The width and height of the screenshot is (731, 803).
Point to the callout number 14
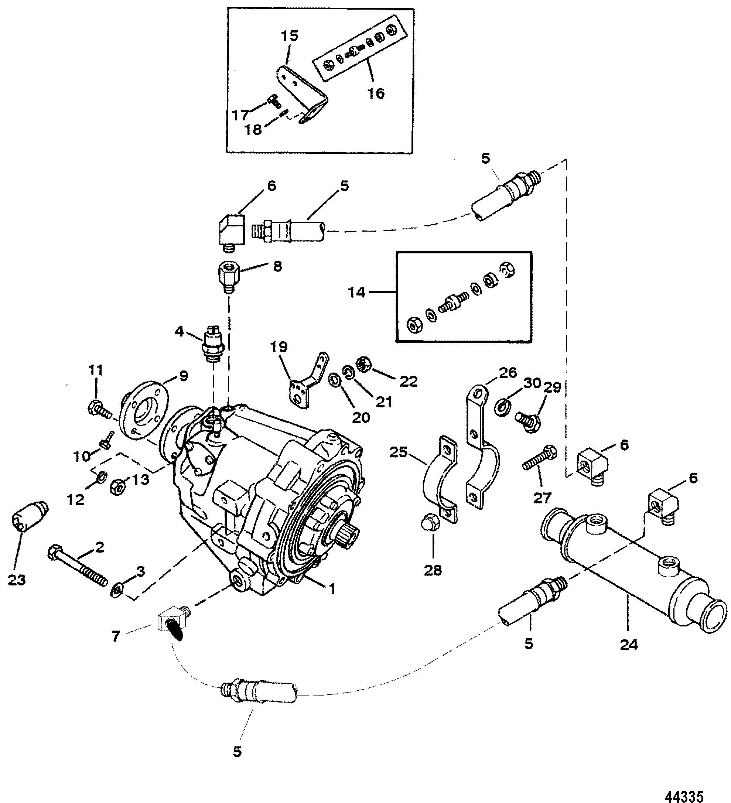tap(356, 293)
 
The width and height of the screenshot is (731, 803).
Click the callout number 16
tap(375, 93)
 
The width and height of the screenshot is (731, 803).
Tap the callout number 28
tap(433, 571)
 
